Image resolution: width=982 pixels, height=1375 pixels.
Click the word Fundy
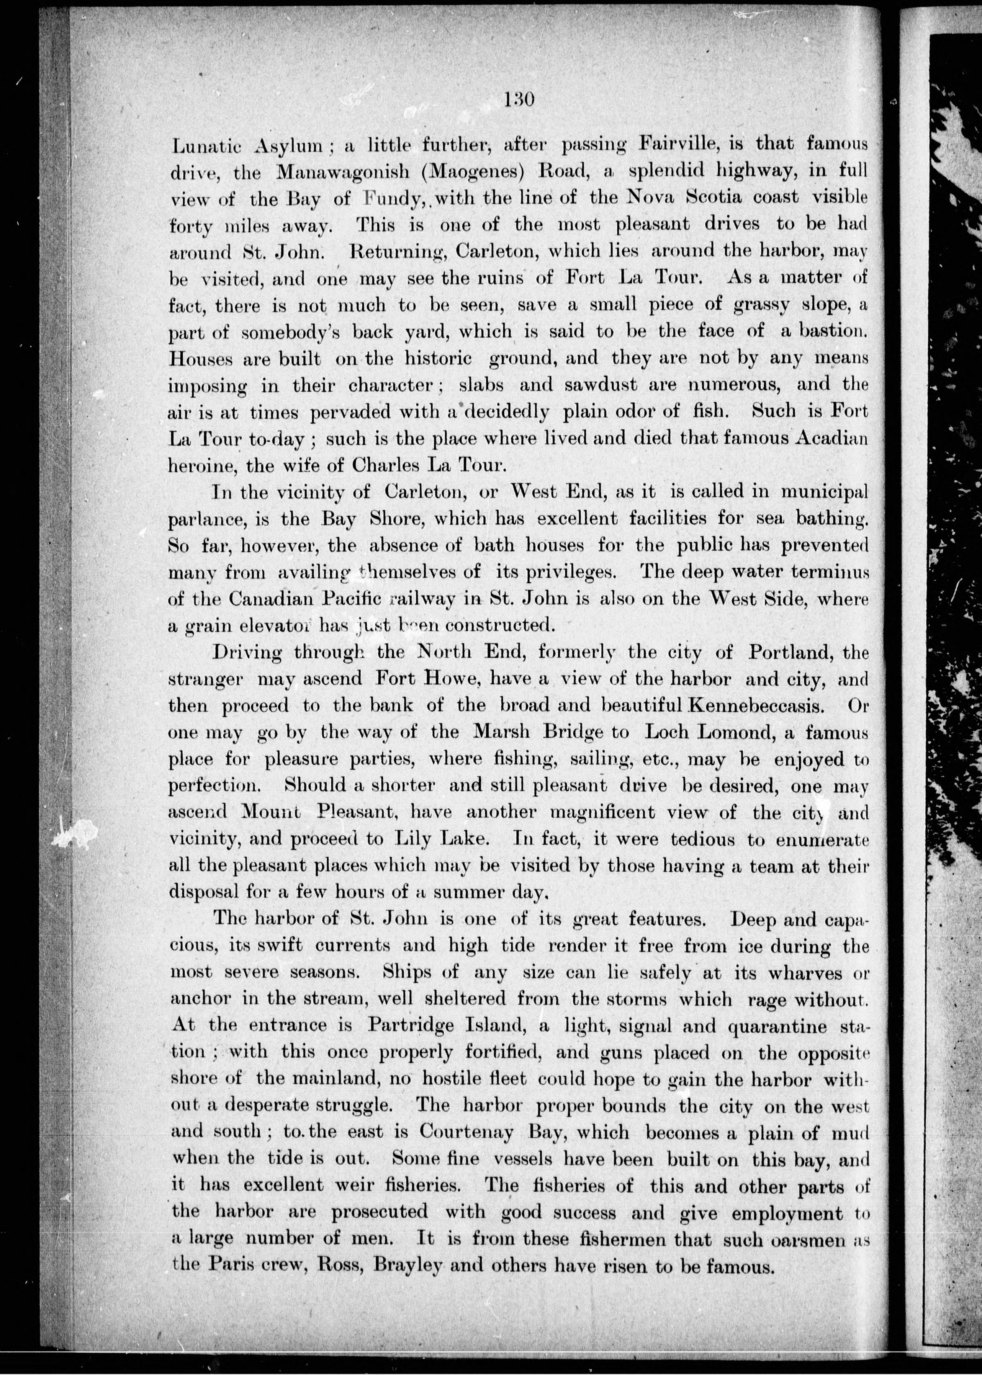[391, 199]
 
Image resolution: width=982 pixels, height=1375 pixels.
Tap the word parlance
[203, 519]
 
